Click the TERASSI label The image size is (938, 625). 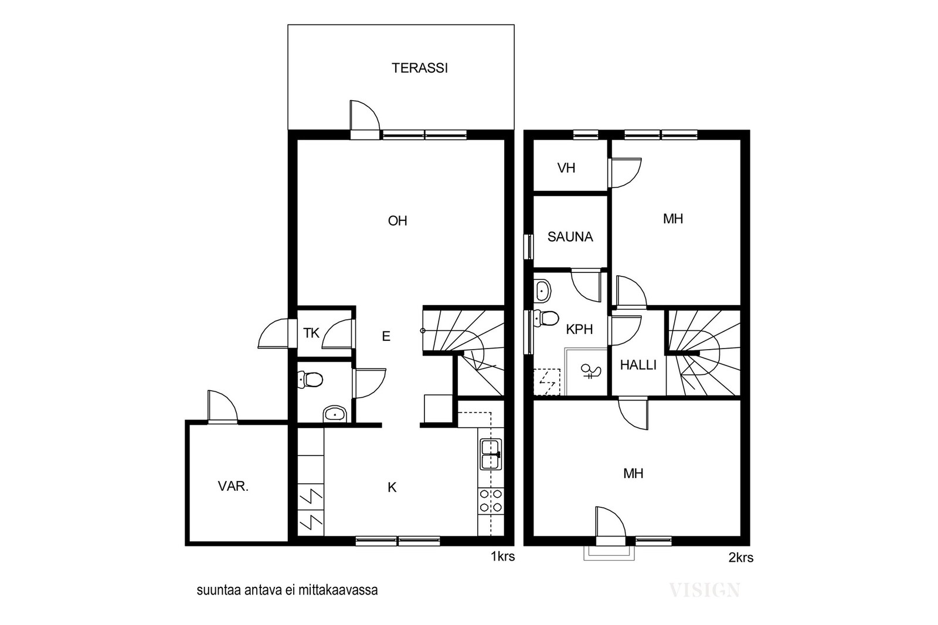click(420, 68)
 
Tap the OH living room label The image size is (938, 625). click(397, 221)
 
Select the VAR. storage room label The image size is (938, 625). click(233, 486)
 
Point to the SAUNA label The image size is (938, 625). click(570, 237)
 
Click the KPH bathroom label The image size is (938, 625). click(580, 329)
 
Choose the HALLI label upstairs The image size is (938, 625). click(638, 365)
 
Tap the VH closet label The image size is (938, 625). click(566, 168)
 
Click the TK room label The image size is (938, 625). click(311, 333)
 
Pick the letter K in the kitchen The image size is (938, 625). click(392, 487)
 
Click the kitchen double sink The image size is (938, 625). click(491, 455)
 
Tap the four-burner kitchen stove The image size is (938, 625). click(491, 500)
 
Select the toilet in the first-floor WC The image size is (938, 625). click(310, 380)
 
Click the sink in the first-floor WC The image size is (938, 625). click(335, 414)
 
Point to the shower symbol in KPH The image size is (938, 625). click(591, 371)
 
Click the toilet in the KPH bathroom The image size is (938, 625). click(546, 318)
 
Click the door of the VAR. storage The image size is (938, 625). click(223, 407)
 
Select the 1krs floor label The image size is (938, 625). click(503, 556)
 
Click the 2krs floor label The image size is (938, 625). click(741, 558)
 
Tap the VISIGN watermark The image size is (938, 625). click(705, 590)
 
